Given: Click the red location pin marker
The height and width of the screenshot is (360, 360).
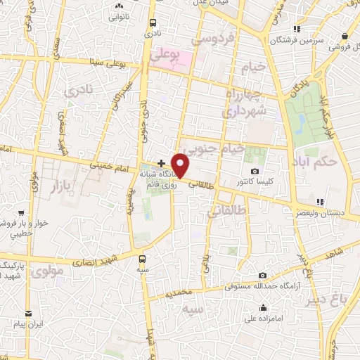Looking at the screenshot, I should click(x=181, y=166).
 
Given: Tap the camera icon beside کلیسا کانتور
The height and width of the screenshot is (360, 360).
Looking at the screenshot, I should click(x=255, y=171).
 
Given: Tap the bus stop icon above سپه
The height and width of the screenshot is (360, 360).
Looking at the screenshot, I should click(x=143, y=257).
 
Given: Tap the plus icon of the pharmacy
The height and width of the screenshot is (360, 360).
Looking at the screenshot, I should click(x=162, y=163).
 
